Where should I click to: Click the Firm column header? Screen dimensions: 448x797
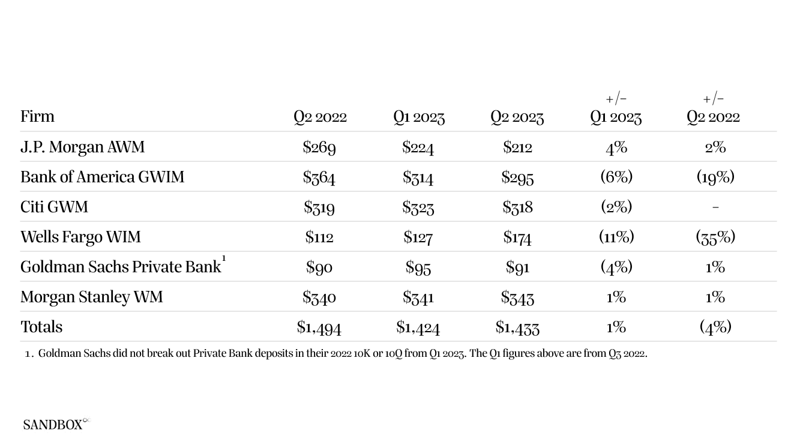[x=37, y=116]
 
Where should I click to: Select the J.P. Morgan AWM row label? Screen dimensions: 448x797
[x=82, y=147]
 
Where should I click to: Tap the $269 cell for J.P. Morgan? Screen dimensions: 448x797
[x=319, y=147]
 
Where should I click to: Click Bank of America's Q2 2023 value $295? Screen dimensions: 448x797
[x=517, y=177]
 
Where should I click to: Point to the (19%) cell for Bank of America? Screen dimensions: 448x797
[x=715, y=176]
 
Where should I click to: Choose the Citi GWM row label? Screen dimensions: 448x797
[x=54, y=207]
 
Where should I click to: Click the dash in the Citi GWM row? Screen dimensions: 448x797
[x=715, y=207]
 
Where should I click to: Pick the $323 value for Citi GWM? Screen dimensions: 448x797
[x=418, y=207]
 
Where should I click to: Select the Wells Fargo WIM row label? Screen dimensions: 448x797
[x=80, y=237]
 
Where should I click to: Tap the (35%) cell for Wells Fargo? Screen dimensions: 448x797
[x=715, y=237]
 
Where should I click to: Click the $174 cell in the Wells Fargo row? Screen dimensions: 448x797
[x=517, y=237]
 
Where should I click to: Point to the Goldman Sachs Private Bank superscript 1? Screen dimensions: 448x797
[x=224, y=258]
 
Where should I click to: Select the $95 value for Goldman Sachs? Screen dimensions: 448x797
[x=418, y=267]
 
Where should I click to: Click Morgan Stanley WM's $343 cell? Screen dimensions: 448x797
[x=517, y=297]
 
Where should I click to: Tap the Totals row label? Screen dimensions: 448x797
[x=41, y=327]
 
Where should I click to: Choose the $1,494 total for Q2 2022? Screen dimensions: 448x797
[x=319, y=327]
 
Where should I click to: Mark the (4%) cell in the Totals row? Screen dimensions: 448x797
[x=715, y=326]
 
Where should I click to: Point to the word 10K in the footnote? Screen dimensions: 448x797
[x=362, y=353]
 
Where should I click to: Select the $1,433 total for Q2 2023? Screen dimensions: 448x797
[x=517, y=327]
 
